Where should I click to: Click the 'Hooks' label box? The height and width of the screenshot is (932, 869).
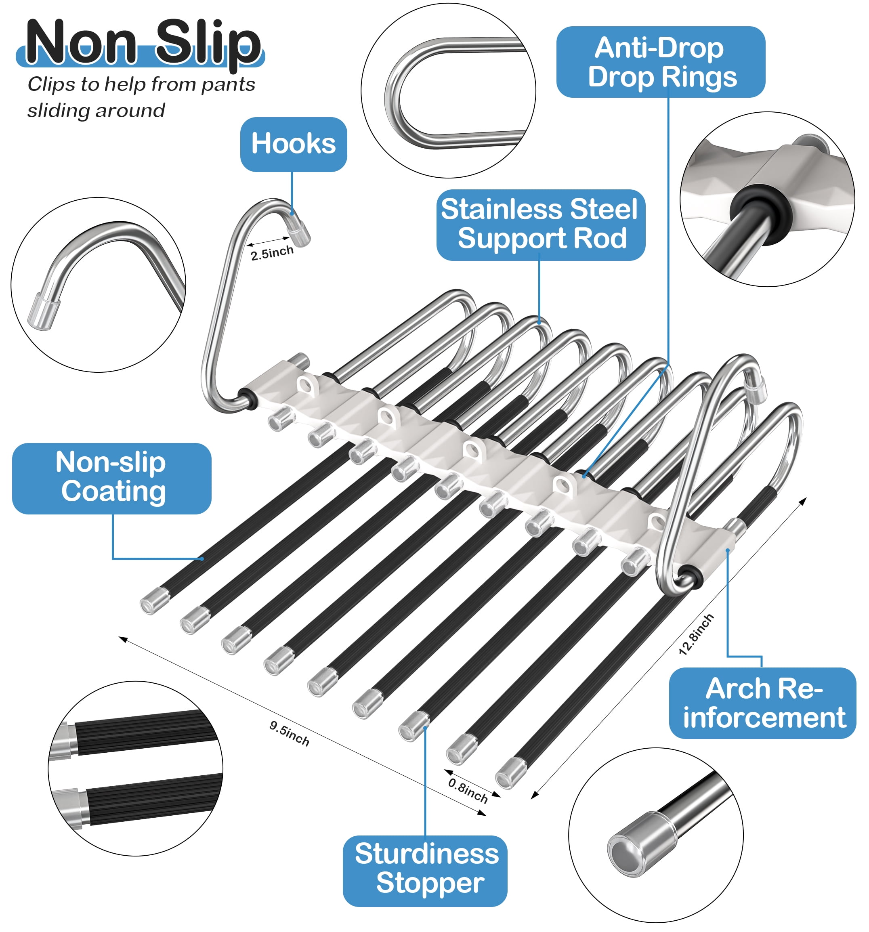pyautogui.click(x=294, y=144)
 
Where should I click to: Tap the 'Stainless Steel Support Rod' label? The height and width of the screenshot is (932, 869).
pyautogui.click(x=540, y=225)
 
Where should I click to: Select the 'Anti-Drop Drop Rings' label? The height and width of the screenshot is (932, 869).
pyautogui.click(x=660, y=62)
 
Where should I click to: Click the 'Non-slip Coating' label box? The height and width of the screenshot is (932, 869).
pyautogui.click(x=111, y=478)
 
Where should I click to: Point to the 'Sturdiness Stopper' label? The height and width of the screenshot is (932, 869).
pyautogui.click(x=425, y=871)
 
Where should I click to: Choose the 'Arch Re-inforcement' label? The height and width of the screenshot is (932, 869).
pyautogui.click(x=762, y=703)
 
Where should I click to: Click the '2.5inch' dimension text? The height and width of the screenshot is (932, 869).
pyautogui.click(x=272, y=253)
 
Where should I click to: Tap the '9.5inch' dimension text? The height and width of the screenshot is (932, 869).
pyautogui.click(x=289, y=733)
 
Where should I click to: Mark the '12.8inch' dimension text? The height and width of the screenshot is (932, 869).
pyautogui.click(x=696, y=634)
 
